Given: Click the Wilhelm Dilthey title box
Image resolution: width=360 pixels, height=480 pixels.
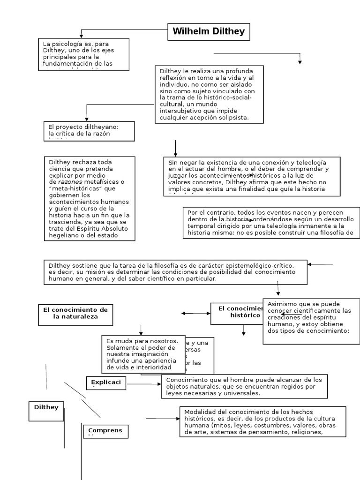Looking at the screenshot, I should point(209,32).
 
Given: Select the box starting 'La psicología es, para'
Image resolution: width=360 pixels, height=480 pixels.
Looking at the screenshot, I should point(83,54).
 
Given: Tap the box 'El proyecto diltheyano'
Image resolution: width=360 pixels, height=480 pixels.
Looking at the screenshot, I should point(88,131).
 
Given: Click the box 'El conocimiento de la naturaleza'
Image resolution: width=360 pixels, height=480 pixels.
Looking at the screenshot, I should point(75,314).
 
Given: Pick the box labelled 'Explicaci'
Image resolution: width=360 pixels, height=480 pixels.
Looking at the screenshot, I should point(106,382).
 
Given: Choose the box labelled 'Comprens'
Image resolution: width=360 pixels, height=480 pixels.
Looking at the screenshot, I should point(105,431).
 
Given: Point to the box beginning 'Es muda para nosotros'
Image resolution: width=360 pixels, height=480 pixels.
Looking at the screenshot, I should point(141,354).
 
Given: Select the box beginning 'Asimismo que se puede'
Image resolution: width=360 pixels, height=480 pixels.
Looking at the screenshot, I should point(311,321).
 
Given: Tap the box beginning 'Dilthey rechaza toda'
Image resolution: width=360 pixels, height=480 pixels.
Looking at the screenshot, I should point(89,198).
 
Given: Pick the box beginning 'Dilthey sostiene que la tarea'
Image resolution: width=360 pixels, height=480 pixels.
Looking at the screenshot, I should point(175,272).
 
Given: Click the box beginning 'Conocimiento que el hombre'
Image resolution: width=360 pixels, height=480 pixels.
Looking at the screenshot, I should point(244,386).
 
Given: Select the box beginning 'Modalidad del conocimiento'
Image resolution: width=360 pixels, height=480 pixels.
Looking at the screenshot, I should point(262,421).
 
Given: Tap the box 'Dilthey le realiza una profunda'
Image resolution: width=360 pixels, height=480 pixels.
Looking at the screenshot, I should point(209,94).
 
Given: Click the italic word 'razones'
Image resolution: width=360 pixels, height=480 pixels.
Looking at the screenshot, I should point(69,182).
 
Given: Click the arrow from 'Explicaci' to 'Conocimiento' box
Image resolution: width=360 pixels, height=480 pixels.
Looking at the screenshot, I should point(144,384).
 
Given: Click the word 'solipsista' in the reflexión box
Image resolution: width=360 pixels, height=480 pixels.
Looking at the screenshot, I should point(232,118).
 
